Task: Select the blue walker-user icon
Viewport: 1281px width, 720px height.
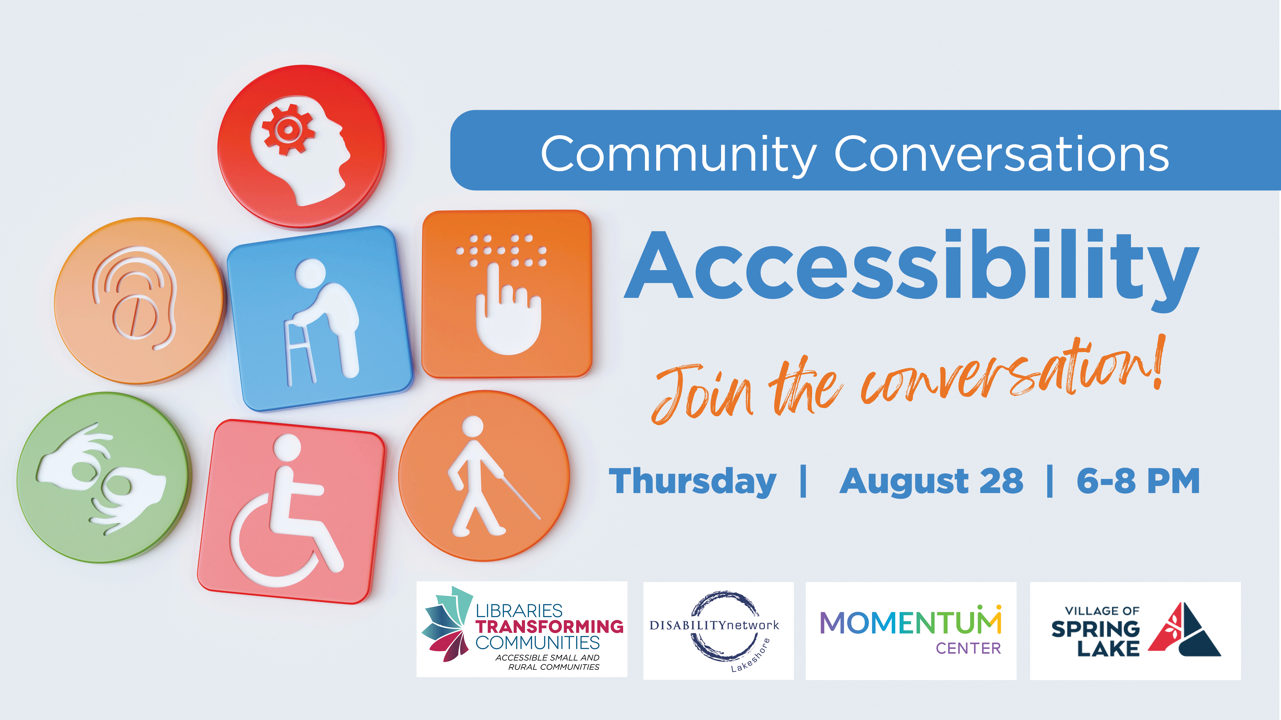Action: [320, 318]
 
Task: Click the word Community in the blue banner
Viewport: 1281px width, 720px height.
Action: [678, 154]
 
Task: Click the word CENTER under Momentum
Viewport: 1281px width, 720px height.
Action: [968, 649]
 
